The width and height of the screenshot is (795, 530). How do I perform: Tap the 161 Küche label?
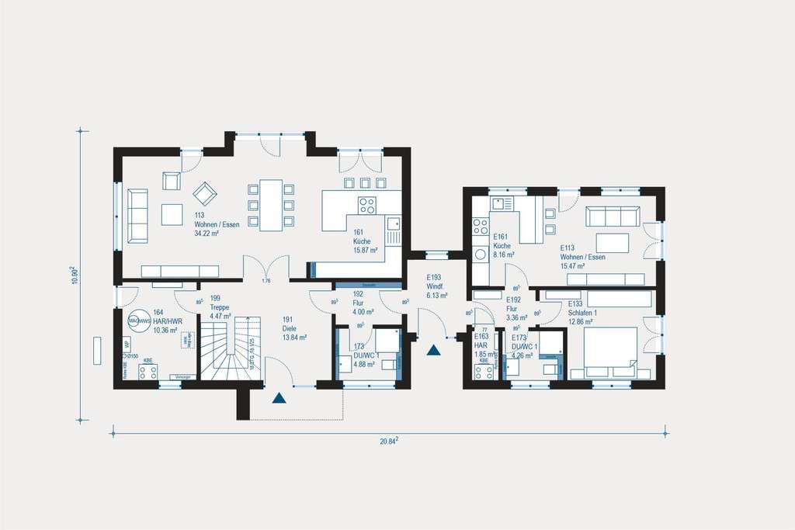364,241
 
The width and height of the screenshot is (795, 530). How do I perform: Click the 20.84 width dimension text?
389,441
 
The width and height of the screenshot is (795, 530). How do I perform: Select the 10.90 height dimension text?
75,275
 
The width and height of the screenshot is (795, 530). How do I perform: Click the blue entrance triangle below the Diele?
279,399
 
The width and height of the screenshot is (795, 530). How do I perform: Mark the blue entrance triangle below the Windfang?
433,350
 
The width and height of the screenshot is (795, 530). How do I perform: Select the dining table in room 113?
271,204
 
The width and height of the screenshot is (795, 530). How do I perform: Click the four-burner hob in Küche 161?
366,205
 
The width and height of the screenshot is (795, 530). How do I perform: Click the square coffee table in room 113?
172,213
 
